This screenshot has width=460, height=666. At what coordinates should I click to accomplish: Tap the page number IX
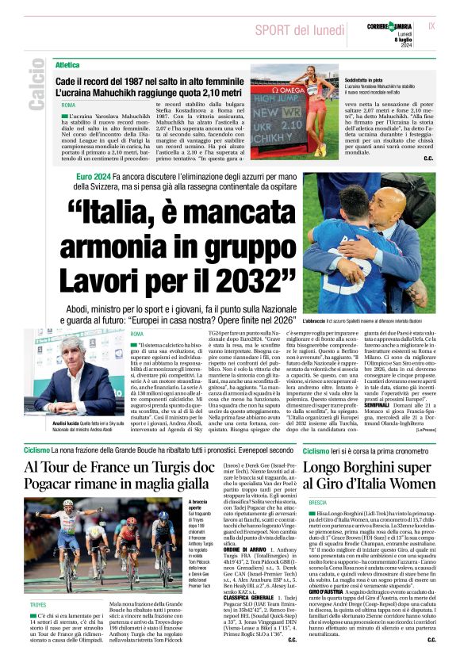(x=431, y=25)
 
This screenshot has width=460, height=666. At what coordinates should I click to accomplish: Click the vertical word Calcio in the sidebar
(x=36, y=82)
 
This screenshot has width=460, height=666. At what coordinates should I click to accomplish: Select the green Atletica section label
(x=67, y=64)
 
